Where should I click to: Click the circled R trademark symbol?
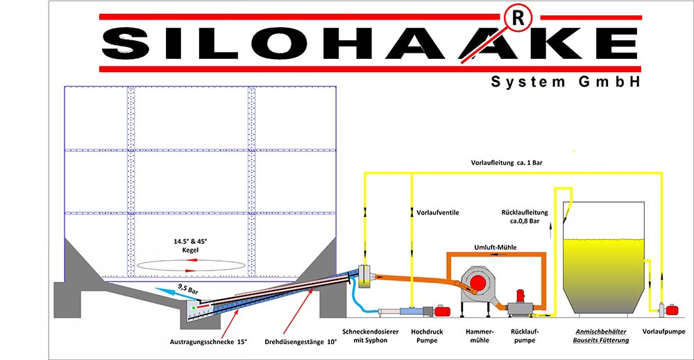pyautogui.click(x=518, y=19)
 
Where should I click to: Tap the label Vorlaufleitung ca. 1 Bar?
pyautogui.click(x=507, y=163)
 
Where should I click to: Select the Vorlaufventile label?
pyautogui.click(x=437, y=213)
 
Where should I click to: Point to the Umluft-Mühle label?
pyautogui.click(x=496, y=247)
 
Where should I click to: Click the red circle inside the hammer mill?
pyautogui.click(x=478, y=283)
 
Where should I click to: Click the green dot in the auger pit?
pyautogui.click(x=194, y=307)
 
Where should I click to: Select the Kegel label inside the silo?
pyautogui.click(x=190, y=250)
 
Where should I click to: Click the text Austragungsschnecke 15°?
pyautogui.click(x=208, y=342)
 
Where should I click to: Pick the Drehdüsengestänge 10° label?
pyautogui.click(x=301, y=342)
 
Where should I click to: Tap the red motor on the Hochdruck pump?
pyautogui.click(x=442, y=311)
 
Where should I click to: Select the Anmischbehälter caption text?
pyautogui.click(x=600, y=332)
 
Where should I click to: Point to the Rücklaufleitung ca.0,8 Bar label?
pyautogui.click(x=525, y=216)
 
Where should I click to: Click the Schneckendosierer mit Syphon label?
pyautogui.click(x=371, y=336)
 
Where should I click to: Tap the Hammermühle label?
pyautogui.click(x=480, y=336)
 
